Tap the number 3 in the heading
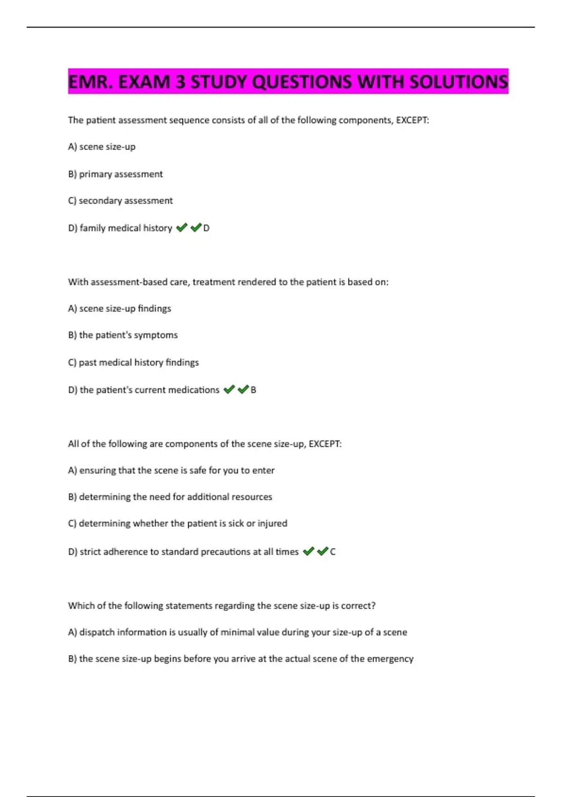(180, 82)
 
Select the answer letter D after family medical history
(206, 228)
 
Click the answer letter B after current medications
(253, 390)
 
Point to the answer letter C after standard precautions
(333, 552)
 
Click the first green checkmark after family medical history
(182, 228)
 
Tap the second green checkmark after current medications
(243, 390)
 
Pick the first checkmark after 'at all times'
(308, 551)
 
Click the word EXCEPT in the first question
(412, 120)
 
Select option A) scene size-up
(102, 147)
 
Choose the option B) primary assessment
(115, 174)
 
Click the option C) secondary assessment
(120, 201)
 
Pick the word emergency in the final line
(390, 659)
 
